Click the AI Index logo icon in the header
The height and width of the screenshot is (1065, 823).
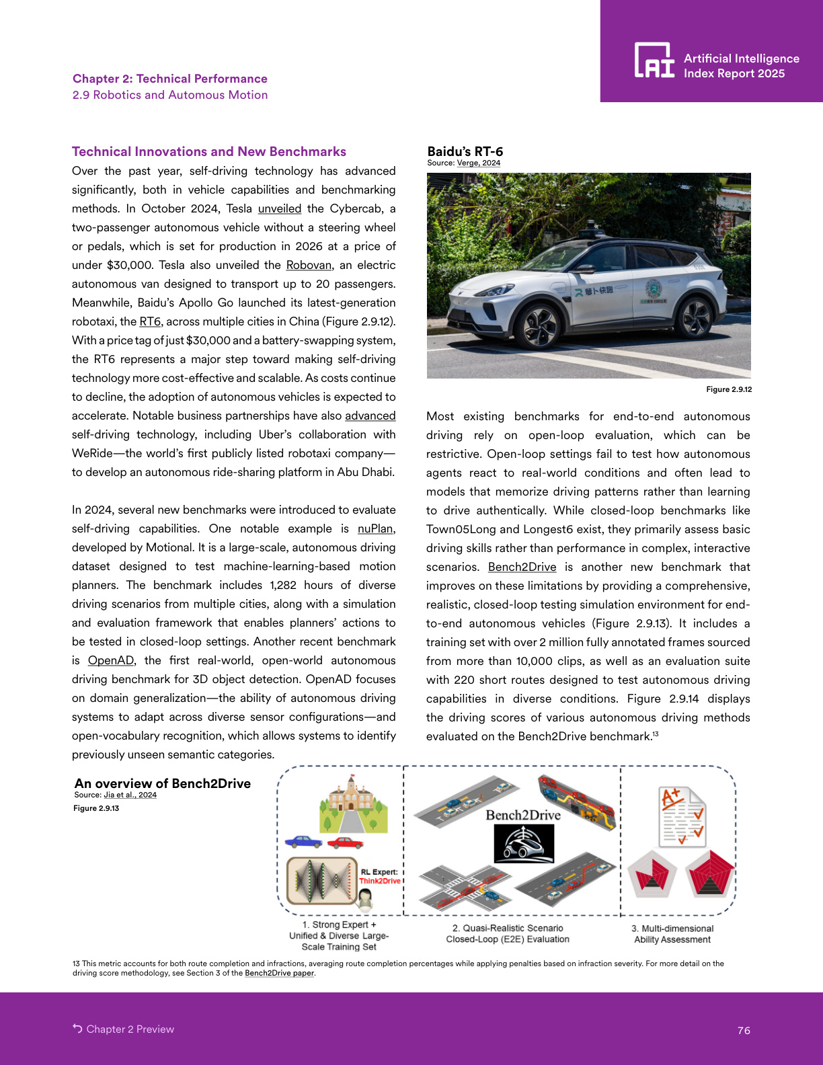click(x=654, y=61)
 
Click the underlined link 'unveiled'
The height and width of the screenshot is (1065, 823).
click(x=279, y=208)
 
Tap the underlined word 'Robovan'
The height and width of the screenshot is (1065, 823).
click(x=309, y=265)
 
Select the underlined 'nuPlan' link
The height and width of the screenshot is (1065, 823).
click(x=375, y=528)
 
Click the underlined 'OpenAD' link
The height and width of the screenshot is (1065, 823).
click(x=110, y=660)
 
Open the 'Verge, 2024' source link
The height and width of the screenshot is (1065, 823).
click(x=478, y=163)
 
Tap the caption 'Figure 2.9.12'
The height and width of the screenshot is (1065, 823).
click(x=729, y=389)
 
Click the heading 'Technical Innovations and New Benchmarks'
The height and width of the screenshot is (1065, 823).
click(x=209, y=151)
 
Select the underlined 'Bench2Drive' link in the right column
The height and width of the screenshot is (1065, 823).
click(x=522, y=567)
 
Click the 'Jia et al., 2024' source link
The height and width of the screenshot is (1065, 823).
click(x=130, y=795)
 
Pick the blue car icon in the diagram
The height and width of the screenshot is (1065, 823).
click(x=303, y=841)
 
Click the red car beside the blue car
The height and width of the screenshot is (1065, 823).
click(x=346, y=842)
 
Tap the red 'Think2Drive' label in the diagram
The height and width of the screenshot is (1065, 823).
click(x=380, y=881)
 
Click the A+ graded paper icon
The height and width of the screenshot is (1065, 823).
click(x=682, y=816)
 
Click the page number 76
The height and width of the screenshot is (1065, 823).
click(x=744, y=1030)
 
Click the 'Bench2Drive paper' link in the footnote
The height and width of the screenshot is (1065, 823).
click(x=279, y=973)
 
